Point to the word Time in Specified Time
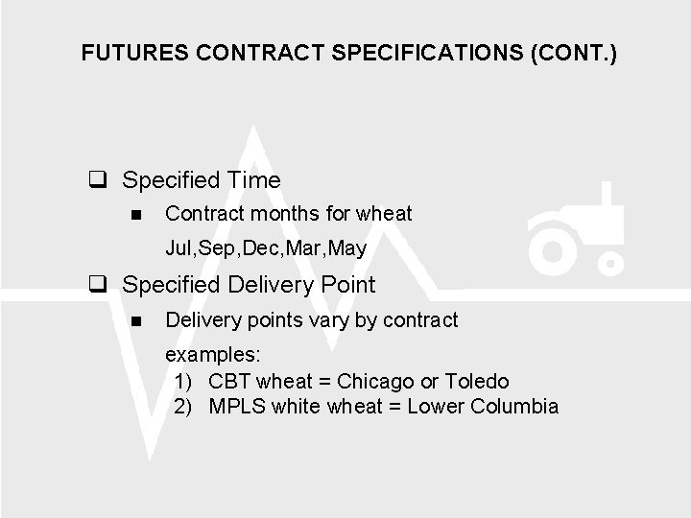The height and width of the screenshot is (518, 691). tap(254, 180)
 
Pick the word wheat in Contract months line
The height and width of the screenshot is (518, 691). tap(383, 214)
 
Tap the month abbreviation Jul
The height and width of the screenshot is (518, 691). tap(179, 248)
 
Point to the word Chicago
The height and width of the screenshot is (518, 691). tap(376, 381)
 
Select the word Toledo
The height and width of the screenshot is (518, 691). tap(476, 381)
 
